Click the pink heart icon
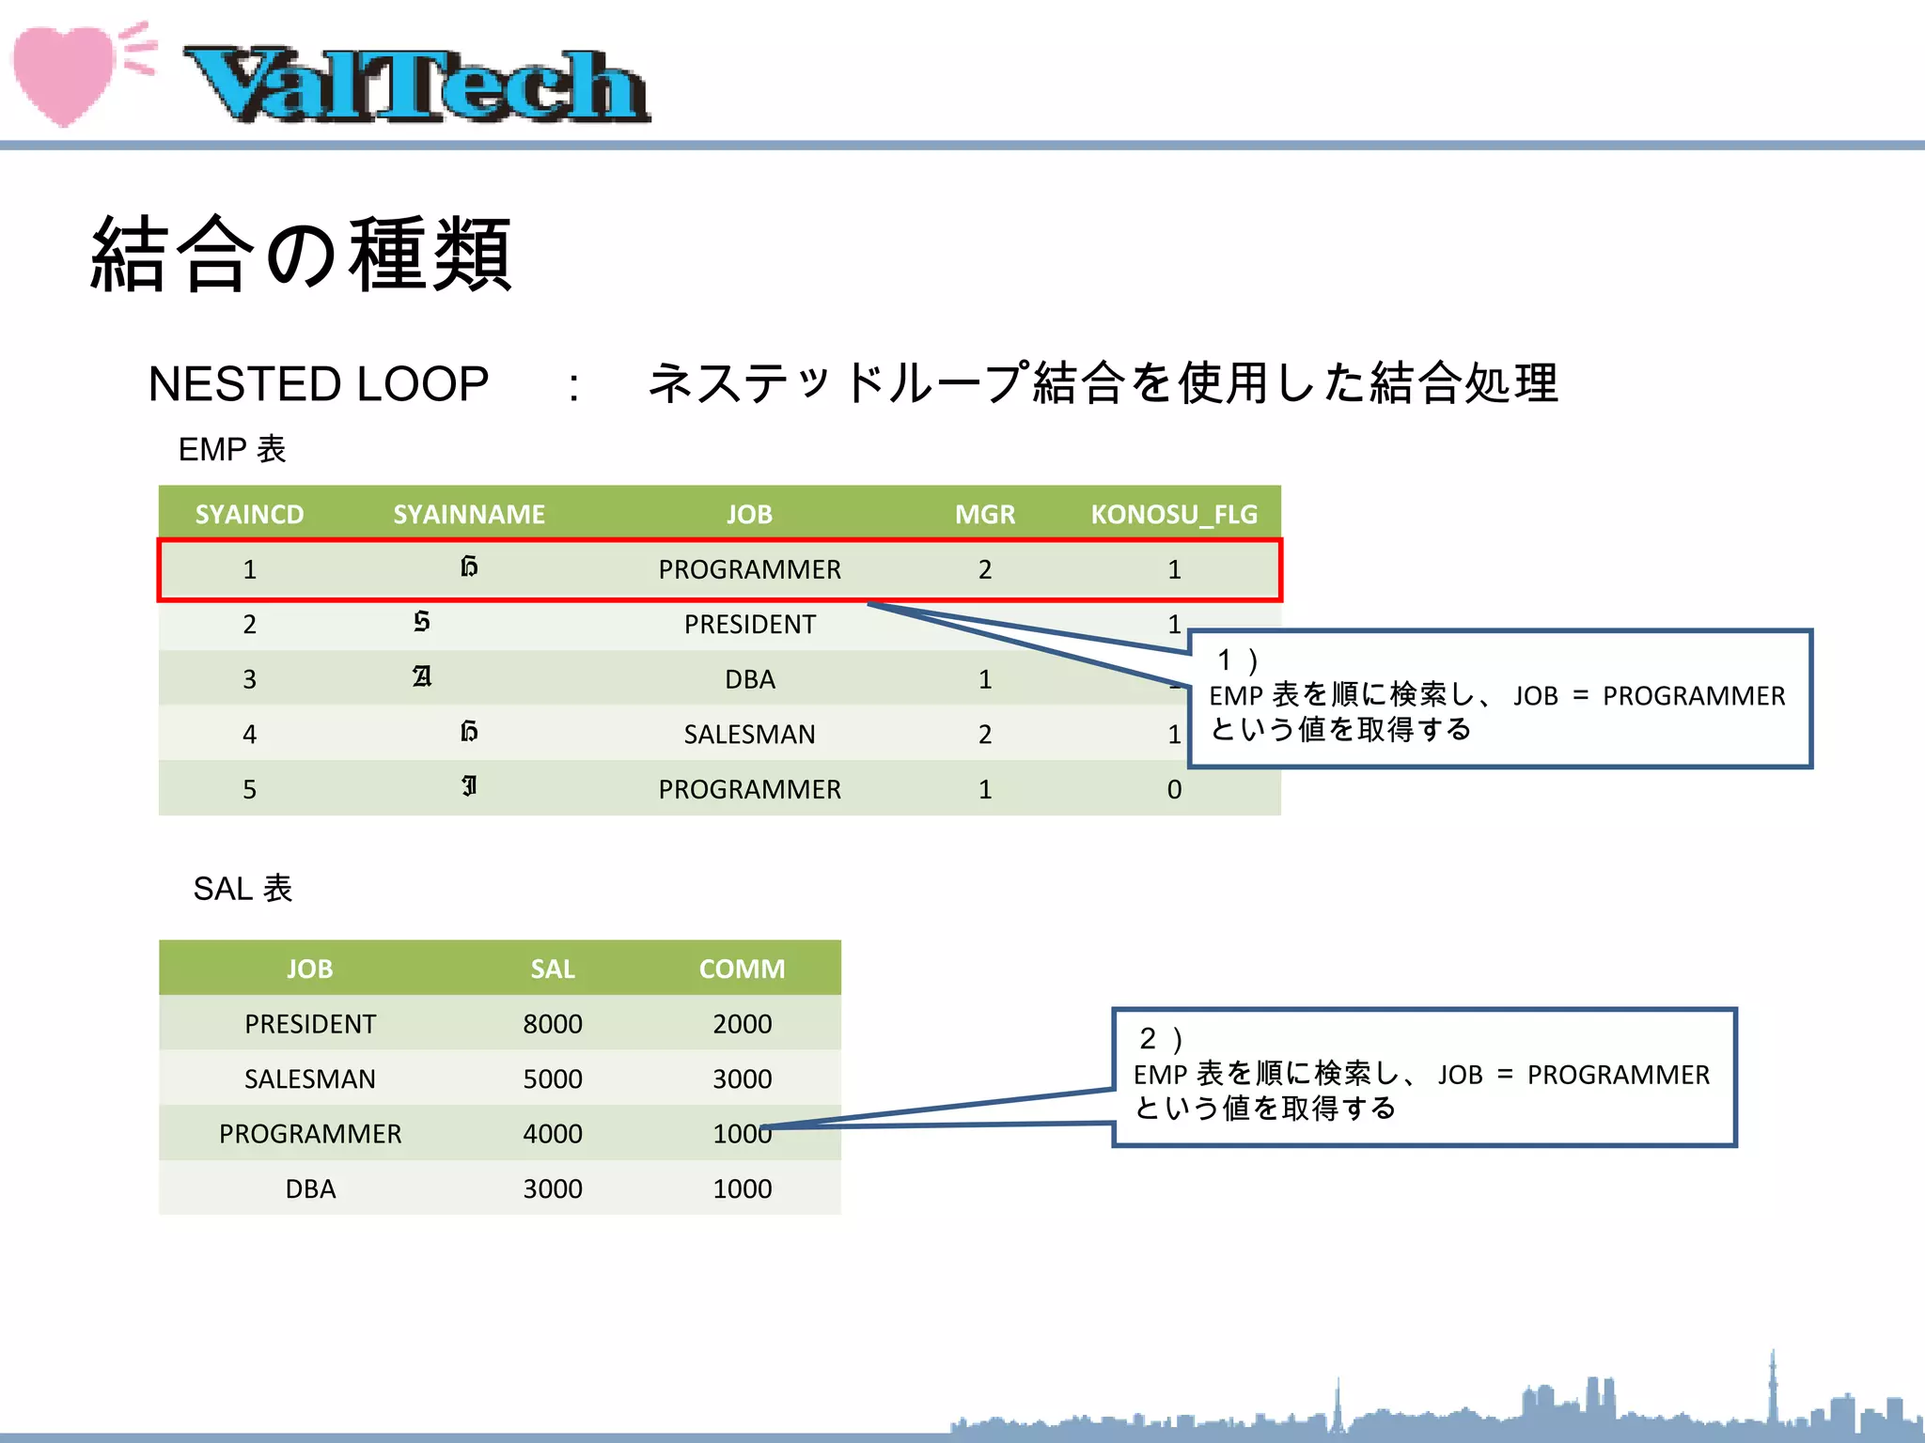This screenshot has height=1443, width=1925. [64, 73]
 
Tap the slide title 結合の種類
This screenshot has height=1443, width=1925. [301, 254]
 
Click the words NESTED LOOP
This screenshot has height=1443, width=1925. [318, 384]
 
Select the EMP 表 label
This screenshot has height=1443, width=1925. [231, 449]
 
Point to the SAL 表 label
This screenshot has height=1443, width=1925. [243, 888]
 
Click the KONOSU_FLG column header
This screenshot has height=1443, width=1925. [1173, 514]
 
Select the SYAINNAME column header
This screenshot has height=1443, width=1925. [468, 514]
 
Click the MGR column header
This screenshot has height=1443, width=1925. [984, 514]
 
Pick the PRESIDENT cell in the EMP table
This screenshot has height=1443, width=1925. [749, 624]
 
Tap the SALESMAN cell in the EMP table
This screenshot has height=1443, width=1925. [749, 734]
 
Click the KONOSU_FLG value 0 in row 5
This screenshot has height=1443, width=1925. [1174, 789]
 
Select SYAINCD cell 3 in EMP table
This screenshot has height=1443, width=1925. [249, 679]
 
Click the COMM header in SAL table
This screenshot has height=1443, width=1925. [742, 969]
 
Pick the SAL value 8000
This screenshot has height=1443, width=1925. [553, 1024]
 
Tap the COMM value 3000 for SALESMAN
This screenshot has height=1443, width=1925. [742, 1078]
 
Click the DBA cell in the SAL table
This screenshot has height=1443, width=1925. [310, 1188]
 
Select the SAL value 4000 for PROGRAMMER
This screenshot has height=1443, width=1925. [553, 1134]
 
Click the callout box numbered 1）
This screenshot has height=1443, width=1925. [1499, 699]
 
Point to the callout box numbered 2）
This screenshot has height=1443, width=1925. [1424, 1078]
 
